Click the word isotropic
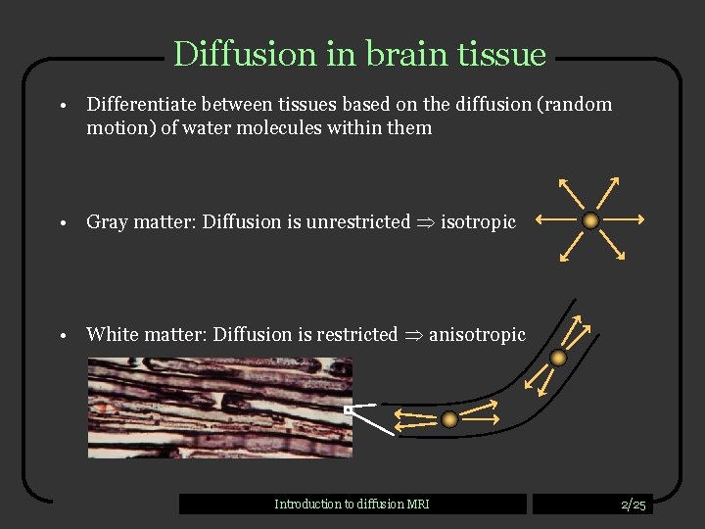(478, 222)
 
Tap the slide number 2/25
(634, 505)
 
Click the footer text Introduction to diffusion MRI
(352, 505)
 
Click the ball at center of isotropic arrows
(590, 220)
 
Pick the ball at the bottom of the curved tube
(449, 419)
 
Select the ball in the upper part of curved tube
(558, 359)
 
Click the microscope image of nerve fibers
(219, 407)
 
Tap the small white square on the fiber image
(348, 409)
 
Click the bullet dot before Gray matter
(61, 223)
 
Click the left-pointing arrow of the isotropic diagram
(555, 220)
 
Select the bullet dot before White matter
(61, 336)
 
